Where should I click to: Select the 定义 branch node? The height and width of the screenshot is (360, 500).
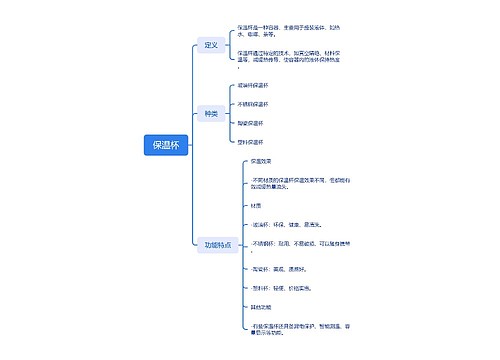[210, 45]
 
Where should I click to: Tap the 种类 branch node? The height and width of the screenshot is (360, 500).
[210, 113]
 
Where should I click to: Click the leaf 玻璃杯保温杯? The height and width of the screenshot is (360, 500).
[253, 85]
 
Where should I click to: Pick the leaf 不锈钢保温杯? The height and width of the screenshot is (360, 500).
[254, 104]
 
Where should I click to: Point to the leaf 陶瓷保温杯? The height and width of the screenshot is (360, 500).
[251, 123]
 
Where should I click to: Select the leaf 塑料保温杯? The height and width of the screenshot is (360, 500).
[251, 142]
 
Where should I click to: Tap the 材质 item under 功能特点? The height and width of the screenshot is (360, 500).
[257, 206]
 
